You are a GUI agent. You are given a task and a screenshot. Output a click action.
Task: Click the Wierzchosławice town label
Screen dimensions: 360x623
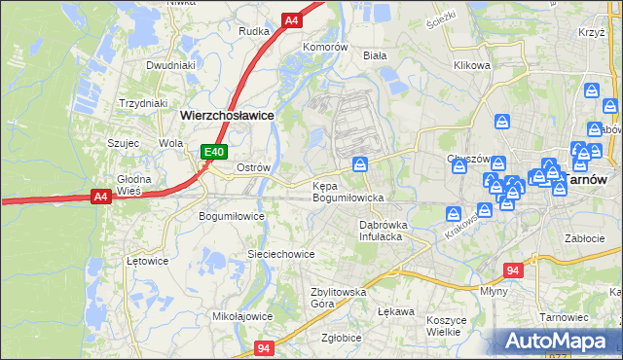pos(227,114)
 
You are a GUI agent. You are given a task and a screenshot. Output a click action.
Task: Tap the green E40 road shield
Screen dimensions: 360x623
pos(215,152)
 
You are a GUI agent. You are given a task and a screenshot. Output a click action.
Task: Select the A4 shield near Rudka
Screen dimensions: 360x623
pos(291,19)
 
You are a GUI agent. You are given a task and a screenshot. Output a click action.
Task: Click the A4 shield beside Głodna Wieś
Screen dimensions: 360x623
pos(99,197)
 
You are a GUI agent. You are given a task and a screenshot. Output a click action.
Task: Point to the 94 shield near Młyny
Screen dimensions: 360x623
pos(515,270)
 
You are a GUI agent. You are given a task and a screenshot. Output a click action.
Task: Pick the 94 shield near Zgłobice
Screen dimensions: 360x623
pos(264,347)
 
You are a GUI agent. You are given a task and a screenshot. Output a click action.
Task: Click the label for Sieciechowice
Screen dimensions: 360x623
pos(280,254)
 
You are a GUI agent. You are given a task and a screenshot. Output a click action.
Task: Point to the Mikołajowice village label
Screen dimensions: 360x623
pos(242,316)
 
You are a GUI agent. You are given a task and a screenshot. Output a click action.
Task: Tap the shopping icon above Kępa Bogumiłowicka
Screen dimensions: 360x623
pos(360,164)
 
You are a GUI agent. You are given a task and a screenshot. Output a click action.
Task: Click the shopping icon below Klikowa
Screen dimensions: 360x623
pos(502,122)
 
